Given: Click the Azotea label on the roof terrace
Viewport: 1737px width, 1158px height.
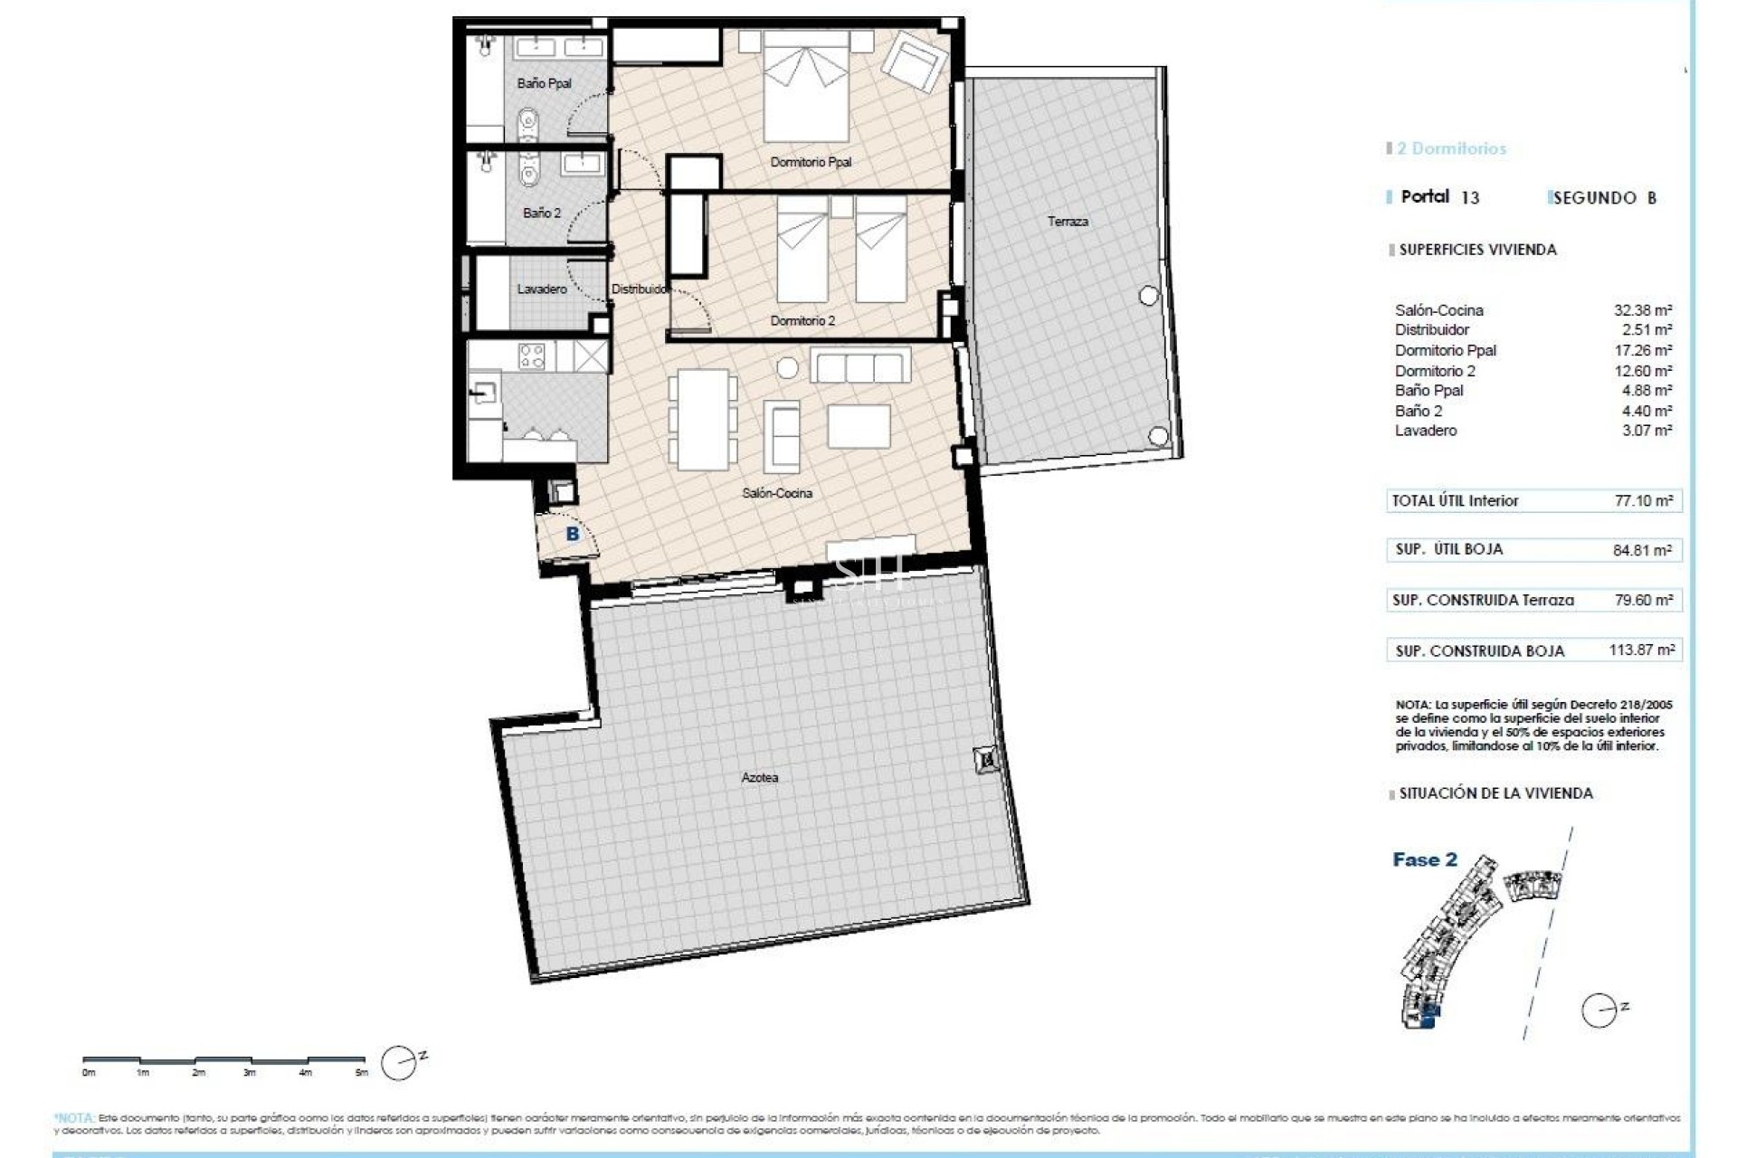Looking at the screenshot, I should tap(759, 777).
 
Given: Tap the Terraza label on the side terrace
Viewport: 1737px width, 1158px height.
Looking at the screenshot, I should tap(1068, 221).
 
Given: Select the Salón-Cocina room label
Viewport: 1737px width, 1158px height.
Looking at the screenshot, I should tap(776, 493).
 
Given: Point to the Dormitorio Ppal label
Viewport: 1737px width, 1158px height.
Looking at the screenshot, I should tap(811, 162).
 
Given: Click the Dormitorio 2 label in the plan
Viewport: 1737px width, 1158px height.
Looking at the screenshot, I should tap(802, 320).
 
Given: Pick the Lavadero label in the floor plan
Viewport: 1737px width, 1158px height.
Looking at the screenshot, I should tap(542, 289).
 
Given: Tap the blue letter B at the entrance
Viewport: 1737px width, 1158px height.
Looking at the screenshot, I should tap(573, 534).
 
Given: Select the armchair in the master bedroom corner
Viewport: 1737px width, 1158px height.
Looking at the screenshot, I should tap(914, 62).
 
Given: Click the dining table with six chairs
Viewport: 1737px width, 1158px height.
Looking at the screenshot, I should tap(703, 420).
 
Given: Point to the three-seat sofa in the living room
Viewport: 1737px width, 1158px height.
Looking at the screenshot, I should tap(859, 366).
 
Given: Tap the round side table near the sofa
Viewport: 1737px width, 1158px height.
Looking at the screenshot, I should tap(788, 367).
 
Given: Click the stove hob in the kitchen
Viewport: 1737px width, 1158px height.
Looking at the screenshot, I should tap(532, 356).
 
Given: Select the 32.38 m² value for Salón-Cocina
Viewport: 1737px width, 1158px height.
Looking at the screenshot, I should tap(1643, 310).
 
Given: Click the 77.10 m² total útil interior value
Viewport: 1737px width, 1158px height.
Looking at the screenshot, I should tap(1643, 500).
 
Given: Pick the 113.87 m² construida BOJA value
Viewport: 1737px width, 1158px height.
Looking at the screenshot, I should tap(1641, 650).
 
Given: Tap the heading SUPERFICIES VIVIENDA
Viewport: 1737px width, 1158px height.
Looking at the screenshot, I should tap(1477, 250).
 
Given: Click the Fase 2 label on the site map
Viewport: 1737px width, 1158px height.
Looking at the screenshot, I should tap(1425, 859).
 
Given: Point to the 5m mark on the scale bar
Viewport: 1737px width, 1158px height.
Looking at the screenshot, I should tap(362, 1073).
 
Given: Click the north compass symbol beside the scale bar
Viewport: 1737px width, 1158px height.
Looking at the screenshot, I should tap(399, 1063).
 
